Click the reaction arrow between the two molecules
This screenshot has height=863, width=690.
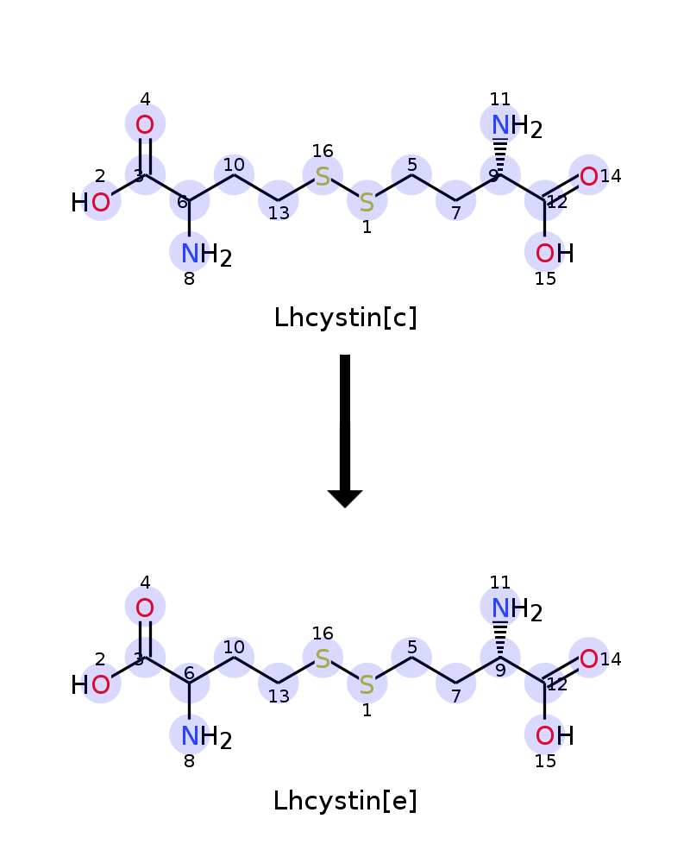click(x=345, y=431)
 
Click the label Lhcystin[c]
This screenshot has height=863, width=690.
click(x=345, y=318)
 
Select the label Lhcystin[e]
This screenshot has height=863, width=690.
click(x=345, y=801)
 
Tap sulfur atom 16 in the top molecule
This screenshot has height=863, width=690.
click(x=323, y=177)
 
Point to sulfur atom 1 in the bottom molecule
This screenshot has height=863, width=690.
click(x=367, y=684)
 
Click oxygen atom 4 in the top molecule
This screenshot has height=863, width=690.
click(x=145, y=125)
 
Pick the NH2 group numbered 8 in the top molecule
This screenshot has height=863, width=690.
click(x=206, y=255)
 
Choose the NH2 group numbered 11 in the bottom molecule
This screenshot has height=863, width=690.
click(x=517, y=608)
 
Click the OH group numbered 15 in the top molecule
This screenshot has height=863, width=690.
click(x=555, y=254)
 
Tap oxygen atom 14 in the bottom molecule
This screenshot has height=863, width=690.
click(x=589, y=658)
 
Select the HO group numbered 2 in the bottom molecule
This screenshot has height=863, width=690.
click(x=91, y=685)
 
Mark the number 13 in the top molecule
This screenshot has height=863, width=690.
click(x=279, y=213)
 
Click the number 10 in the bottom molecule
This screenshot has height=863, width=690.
click(x=234, y=646)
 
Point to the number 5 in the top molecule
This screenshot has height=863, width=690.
click(x=411, y=165)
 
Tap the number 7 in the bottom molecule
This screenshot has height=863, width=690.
click(x=456, y=696)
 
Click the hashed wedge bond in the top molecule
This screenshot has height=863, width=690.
click(x=499, y=155)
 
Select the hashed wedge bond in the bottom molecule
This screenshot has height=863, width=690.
click(x=499, y=639)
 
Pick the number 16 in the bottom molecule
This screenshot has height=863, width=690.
click(x=323, y=633)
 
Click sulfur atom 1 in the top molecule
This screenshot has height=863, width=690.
click(x=367, y=203)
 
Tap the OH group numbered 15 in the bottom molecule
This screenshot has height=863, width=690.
click(x=555, y=736)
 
